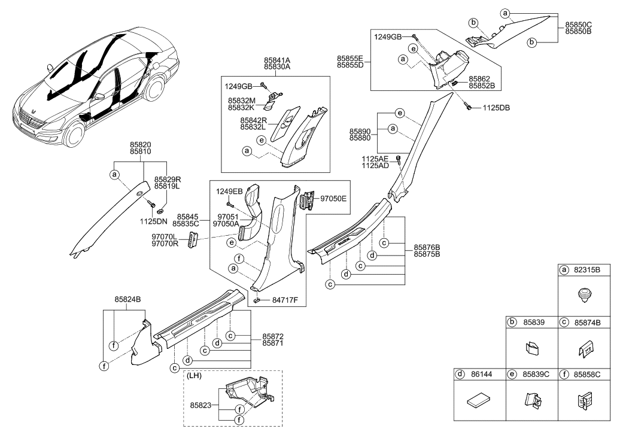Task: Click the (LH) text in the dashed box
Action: [x=195, y=376]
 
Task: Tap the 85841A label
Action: [x=277, y=60]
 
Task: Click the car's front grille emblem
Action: [x=34, y=111]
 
